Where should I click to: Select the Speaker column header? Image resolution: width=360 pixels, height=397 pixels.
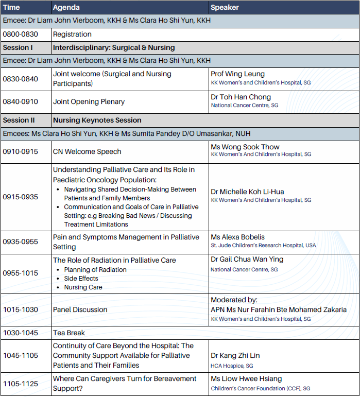(x=225, y=8)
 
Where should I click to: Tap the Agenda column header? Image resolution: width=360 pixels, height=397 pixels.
(x=66, y=8)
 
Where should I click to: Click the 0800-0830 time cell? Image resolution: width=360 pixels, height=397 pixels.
(x=20, y=34)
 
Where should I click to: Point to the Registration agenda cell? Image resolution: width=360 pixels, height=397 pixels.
(x=72, y=34)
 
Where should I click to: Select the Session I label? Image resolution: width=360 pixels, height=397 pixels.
(x=18, y=48)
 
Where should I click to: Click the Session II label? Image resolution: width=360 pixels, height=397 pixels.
(x=19, y=120)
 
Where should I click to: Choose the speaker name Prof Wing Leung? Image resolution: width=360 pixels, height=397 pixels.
(x=237, y=74)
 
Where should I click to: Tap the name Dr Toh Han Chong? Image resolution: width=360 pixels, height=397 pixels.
(x=241, y=97)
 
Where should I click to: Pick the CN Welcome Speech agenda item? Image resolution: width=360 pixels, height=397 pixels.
(x=87, y=152)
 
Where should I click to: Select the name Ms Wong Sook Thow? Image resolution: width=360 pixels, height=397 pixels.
(x=245, y=147)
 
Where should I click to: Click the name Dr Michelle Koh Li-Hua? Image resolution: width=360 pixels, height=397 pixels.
(x=247, y=192)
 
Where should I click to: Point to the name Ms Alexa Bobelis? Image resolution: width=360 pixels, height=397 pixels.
(x=238, y=237)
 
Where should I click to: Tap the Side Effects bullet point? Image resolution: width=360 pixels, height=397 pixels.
(x=81, y=279)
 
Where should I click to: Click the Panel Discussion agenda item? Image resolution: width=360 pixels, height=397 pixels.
(x=80, y=310)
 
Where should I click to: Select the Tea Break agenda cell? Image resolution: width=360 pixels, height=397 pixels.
(x=69, y=333)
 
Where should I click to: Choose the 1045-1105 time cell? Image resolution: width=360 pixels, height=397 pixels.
(x=20, y=356)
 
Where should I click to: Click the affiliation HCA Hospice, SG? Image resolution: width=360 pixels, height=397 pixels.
(x=232, y=366)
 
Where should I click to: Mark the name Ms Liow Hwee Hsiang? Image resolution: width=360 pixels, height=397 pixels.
(x=246, y=379)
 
